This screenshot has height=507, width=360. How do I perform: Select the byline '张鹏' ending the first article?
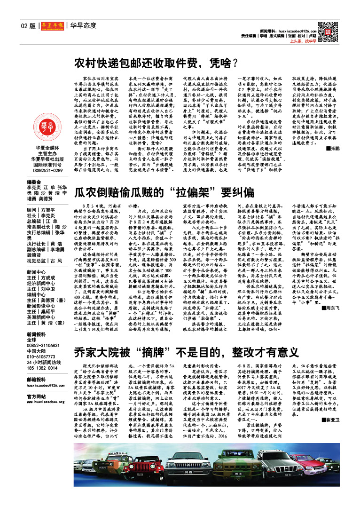pos(334,149)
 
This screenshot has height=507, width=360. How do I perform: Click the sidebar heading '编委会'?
pos(35,182)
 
